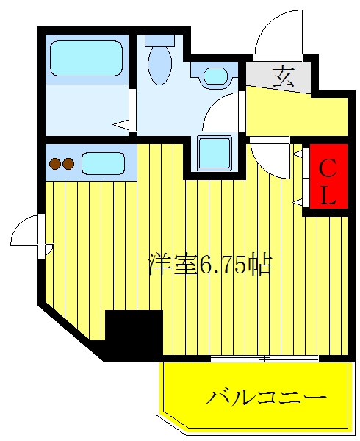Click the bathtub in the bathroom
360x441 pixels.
click(87, 58)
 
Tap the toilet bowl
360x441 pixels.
click(160, 65)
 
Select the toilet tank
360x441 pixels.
click(159, 40)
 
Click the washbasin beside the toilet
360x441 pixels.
click(215, 76)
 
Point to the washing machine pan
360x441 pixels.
click(215, 153)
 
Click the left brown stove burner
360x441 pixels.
click(55, 163)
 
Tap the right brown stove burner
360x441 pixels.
click(68, 163)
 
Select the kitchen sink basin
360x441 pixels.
click(103, 163)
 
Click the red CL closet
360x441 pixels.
click(328, 176)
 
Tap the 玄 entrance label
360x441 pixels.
click(283, 76)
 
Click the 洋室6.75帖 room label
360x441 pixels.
click(209, 265)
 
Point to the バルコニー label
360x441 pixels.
click(266, 397)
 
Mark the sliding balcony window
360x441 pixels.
click(264, 359)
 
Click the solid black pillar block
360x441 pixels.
click(134, 333)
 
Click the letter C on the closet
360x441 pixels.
click(328, 169)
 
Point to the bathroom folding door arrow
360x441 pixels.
click(121, 125)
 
